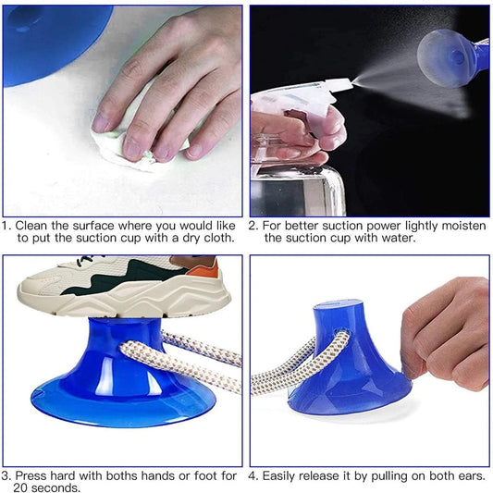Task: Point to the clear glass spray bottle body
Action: coord(296,190)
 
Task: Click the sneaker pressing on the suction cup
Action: coord(120,287)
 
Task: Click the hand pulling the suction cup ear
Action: coord(449,333)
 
